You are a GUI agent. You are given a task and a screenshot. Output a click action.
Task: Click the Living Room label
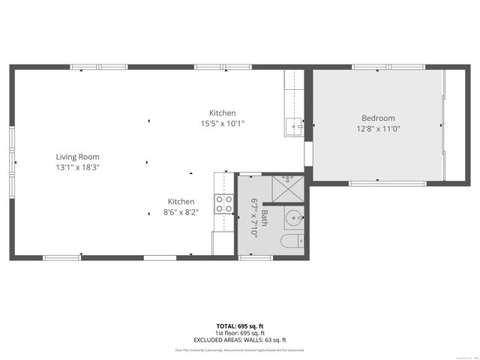tap(77, 157)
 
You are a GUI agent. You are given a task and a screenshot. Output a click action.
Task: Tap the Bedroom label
tap(378, 118)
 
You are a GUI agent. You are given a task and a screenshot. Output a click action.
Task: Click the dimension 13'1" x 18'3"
tap(77, 167)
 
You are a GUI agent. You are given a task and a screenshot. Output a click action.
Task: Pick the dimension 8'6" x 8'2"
tap(181, 212)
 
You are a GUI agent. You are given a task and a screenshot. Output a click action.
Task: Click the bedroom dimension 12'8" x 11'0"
tap(378, 128)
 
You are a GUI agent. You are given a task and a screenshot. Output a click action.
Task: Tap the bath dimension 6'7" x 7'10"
tap(254, 217)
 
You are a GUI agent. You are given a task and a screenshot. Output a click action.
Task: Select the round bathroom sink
tap(293, 218)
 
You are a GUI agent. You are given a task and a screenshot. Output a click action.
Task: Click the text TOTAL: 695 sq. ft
tap(240, 326)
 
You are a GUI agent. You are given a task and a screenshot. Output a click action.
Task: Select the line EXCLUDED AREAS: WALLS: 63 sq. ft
tap(240, 340)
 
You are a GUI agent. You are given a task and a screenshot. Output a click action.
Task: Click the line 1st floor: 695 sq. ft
tap(240, 333)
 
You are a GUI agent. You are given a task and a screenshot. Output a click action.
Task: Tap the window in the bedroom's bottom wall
tap(377, 183)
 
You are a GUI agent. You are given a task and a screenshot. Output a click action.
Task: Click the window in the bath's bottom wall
tap(255, 258)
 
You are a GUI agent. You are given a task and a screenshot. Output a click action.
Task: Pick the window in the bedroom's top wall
tap(377, 67)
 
